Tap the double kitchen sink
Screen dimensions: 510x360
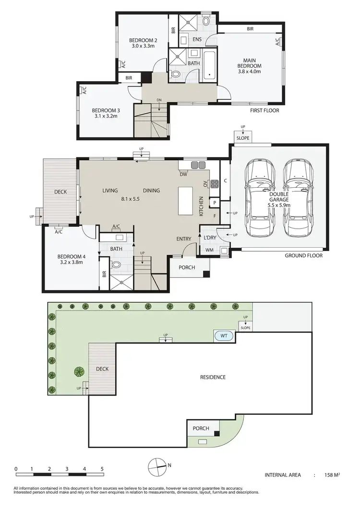coord(198,165)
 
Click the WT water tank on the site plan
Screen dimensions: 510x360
coord(224,336)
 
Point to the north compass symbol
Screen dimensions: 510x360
coord(156,464)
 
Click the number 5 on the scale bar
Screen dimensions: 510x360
coord(102,468)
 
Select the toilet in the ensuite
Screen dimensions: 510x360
coord(206,22)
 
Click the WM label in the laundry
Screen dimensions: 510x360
coord(209,250)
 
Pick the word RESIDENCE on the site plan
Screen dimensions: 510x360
coord(213,377)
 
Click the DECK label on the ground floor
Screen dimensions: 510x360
coord(60,192)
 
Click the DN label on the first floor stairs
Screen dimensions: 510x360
coord(159,100)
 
